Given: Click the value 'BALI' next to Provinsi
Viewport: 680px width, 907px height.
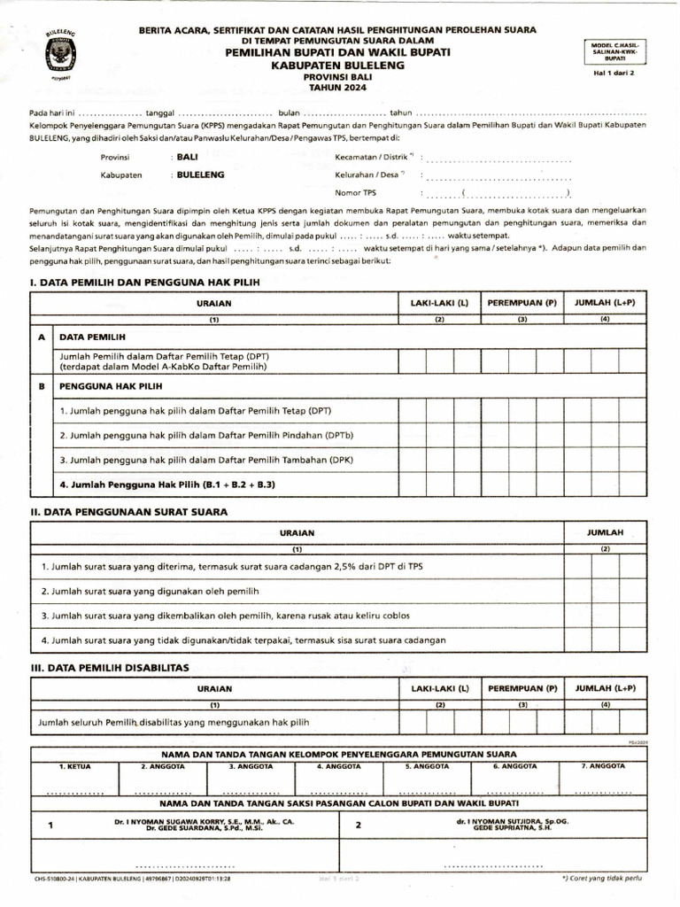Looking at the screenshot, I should (x=187, y=156).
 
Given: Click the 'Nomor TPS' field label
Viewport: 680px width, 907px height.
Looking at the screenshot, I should (x=356, y=192).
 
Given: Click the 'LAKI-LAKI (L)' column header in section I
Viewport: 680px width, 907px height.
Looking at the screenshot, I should (x=438, y=303).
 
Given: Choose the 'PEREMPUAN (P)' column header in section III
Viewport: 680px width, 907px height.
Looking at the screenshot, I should (x=522, y=688).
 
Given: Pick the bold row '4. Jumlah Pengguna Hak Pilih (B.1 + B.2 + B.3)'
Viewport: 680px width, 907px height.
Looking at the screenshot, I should (x=167, y=485).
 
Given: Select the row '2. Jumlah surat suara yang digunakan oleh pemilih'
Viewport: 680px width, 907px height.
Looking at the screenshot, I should (x=150, y=590).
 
